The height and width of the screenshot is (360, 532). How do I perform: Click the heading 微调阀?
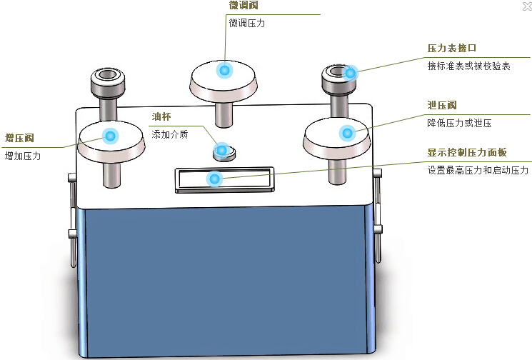244,6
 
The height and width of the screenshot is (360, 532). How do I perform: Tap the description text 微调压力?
247,24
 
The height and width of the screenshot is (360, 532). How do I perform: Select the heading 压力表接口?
451,49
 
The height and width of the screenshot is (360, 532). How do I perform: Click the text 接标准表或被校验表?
468,66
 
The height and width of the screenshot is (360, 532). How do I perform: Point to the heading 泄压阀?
441,105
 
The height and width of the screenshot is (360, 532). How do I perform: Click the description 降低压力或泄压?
459,123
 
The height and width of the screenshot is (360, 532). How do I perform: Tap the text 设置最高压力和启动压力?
477,171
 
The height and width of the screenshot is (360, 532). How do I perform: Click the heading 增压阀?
19,138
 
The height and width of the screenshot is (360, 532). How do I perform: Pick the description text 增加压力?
23,156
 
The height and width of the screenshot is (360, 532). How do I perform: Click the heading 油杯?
161,116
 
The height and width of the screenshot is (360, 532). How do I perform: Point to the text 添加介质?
170,134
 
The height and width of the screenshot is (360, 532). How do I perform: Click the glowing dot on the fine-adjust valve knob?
224,70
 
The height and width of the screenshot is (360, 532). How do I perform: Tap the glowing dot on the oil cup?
222,150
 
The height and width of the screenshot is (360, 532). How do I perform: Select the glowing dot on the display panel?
213,179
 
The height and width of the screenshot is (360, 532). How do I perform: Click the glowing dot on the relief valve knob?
346,132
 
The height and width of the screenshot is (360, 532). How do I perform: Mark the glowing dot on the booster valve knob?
110,136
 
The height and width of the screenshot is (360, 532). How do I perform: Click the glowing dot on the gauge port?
350,72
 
